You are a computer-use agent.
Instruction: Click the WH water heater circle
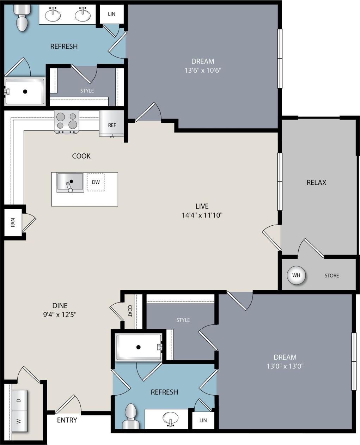[296, 275]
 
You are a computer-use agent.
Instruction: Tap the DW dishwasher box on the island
[96, 182]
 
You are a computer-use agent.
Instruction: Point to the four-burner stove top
[67, 121]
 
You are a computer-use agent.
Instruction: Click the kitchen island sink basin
[70, 182]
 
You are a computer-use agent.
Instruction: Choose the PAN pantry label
[13, 222]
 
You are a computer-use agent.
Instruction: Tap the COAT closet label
[130, 311]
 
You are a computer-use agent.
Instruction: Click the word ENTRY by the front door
[67, 420]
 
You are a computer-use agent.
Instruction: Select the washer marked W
[19, 421]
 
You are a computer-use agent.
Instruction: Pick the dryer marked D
[19, 400]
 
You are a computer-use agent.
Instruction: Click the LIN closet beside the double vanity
[111, 14]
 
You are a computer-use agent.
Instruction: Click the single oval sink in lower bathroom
[171, 419]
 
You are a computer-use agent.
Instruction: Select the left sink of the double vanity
[53, 15]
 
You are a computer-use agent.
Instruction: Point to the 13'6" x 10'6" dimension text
[203, 70]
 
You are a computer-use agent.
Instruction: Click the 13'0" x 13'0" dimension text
[285, 366]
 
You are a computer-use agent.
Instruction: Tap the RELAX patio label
[316, 182]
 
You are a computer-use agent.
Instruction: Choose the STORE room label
[331, 275]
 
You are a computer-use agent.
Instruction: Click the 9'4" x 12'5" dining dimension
[60, 314]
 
